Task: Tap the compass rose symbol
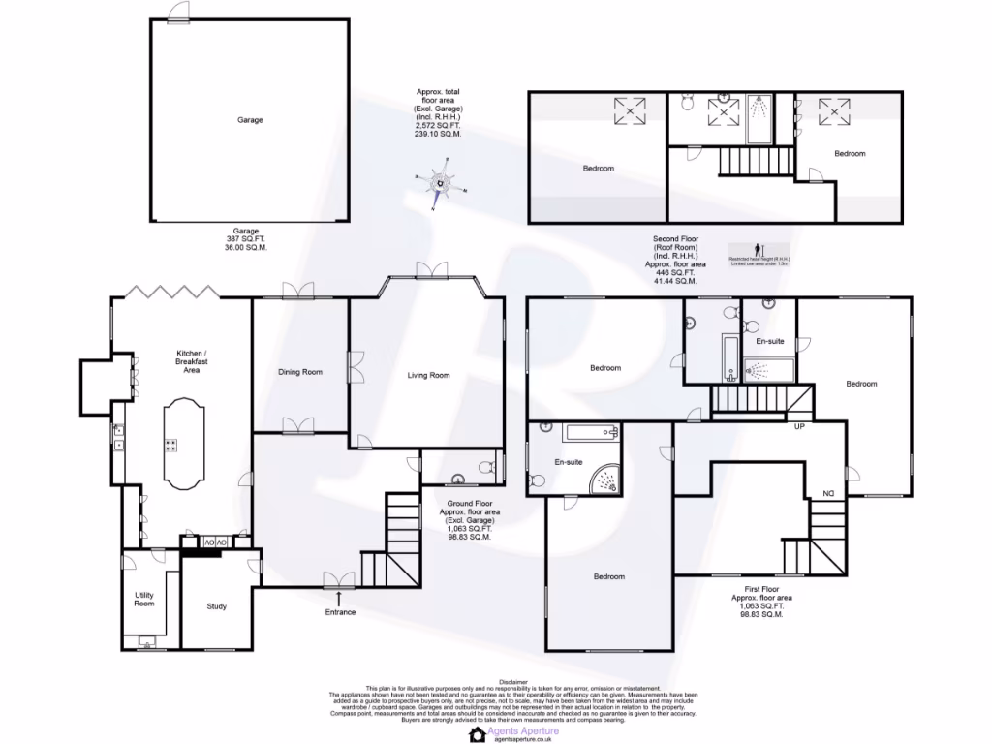point(442,183)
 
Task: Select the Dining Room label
point(299,372)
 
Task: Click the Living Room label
point(427,376)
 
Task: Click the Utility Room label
point(143,600)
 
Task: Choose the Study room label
point(216,607)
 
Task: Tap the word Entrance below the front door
point(340,612)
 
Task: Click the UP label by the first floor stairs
point(800,426)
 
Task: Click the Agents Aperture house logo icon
point(477,734)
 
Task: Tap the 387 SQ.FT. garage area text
point(246,239)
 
